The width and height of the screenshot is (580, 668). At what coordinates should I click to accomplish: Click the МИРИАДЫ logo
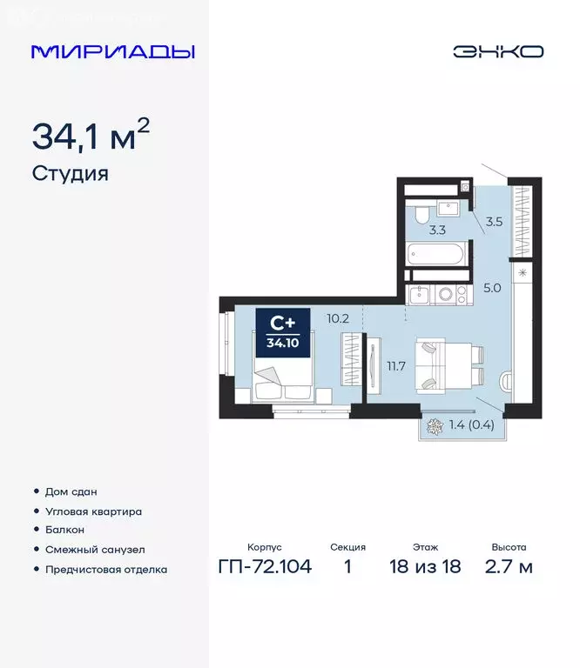click(112, 51)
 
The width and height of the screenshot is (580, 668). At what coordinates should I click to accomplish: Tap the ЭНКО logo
click(497, 51)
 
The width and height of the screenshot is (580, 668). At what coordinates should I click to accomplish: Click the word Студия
click(70, 173)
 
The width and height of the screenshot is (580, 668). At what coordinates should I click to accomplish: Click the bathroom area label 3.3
click(437, 230)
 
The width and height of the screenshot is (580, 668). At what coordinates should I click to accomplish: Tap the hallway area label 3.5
click(494, 222)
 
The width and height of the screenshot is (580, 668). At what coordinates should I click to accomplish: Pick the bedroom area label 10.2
click(338, 318)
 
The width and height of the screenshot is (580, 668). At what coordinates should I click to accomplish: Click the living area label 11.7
click(396, 366)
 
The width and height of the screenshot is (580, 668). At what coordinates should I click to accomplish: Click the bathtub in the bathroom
click(436, 255)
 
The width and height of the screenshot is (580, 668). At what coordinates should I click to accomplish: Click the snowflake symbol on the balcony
click(434, 425)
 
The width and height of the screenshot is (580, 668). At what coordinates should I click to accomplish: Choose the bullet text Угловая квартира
click(93, 511)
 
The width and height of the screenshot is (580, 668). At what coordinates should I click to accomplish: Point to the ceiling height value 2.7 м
click(509, 568)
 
